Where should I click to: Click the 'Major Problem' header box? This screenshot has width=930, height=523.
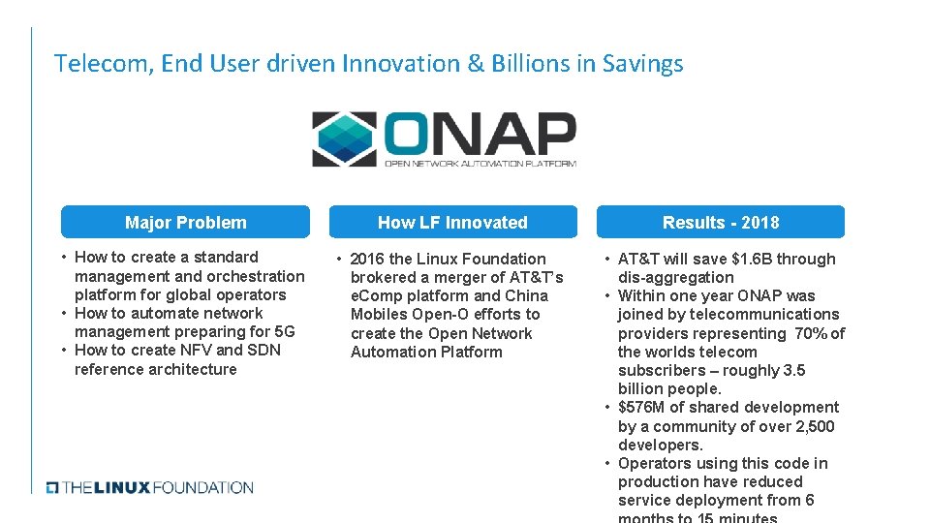[185, 222]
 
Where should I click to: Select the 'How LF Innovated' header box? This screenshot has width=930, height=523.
[452, 222]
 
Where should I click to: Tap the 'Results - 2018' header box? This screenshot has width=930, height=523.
[720, 222]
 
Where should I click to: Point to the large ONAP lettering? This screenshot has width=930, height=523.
[480, 134]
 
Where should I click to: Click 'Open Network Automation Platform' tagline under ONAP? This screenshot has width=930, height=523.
[480, 164]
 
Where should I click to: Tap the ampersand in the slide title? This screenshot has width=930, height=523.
[475, 64]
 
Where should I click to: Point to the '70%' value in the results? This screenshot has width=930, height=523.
[808, 333]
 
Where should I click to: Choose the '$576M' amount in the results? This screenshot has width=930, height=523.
[640, 407]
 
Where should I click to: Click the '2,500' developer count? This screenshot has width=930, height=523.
[813, 426]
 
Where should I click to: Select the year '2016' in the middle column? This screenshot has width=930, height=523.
[367, 259]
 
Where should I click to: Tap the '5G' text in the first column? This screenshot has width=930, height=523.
[284, 331]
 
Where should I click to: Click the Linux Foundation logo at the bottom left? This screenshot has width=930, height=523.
[150, 487]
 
